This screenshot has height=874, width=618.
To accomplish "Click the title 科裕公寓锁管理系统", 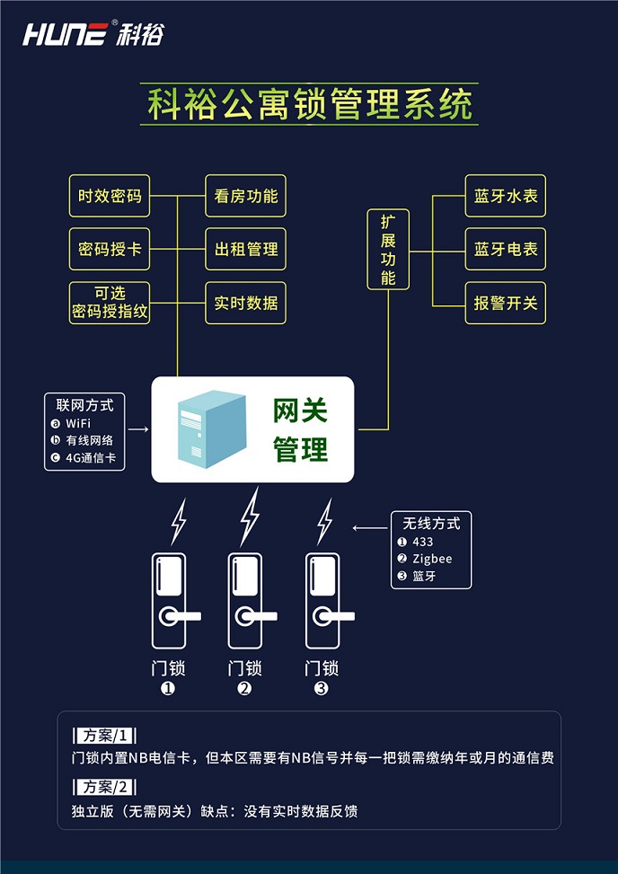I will click(310, 105).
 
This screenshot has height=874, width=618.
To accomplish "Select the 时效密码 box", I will click(110, 196).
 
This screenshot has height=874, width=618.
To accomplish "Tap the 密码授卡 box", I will click(110, 249).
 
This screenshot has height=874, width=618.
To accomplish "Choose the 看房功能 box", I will click(245, 196).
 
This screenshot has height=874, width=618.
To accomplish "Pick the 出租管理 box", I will click(245, 249).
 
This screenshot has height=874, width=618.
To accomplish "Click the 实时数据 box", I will click(245, 303).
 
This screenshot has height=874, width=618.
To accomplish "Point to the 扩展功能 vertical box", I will click(388, 249).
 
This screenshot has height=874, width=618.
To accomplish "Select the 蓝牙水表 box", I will click(506, 196).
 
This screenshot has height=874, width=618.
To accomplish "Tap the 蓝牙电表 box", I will click(506, 249).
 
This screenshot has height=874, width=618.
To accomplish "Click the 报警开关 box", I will click(506, 303).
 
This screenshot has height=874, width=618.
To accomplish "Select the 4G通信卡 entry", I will click(90, 458).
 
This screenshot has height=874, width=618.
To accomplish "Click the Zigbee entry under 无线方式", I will click(432, 559).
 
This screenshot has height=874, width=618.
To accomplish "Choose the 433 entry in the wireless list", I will click(422, 542).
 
